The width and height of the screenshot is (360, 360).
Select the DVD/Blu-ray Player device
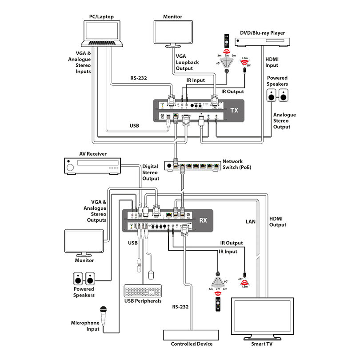(263, 43)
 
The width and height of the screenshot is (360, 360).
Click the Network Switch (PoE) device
(192, 166)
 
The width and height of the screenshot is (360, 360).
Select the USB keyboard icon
(143, 292)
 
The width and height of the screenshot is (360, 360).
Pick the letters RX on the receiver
(204, 220)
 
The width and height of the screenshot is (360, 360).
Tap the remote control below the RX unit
(218, 304)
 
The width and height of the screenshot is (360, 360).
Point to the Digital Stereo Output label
(150, 172)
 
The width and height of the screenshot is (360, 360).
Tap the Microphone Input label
(85, 326)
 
